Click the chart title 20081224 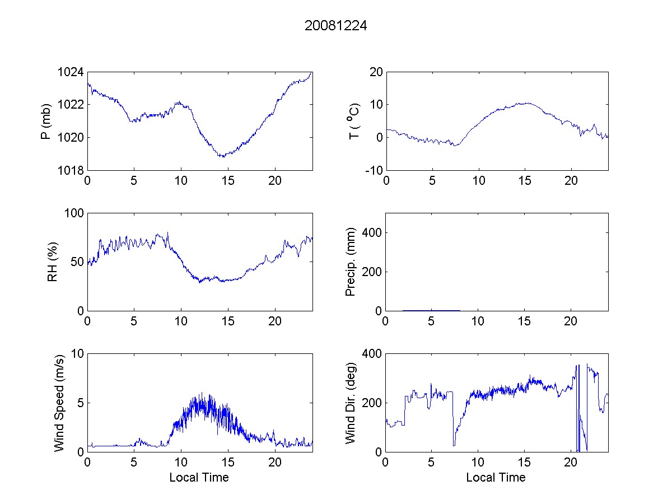point(335,26)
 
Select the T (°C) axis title point(354,121)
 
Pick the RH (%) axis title point(53,262)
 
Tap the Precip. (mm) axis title point(351,262)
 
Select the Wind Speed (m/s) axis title point(59,402)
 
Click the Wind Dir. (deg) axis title point(351,402)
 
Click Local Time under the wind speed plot point(199,478)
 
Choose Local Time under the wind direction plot point(496,478)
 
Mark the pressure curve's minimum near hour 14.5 point(223,156)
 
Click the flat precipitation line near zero point(431,310)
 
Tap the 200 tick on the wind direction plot point(372,403)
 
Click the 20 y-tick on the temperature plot point(375,72)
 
